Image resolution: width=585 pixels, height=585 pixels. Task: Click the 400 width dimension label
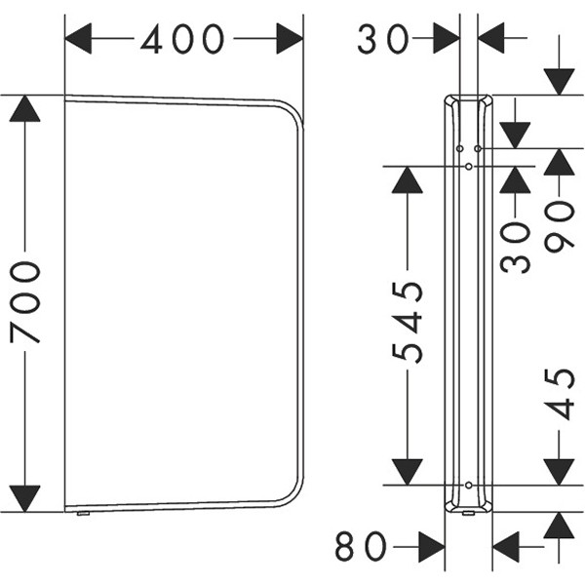point(182,39)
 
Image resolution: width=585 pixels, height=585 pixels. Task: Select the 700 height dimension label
point(25,302)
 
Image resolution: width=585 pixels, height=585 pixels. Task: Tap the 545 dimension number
point(408,322)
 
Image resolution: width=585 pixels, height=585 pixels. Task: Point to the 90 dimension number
point(559,226)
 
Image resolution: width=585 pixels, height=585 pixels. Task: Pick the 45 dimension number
point(559,394)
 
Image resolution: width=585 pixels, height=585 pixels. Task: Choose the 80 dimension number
point(361,547)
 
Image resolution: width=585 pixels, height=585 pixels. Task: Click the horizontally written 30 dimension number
point(383,39)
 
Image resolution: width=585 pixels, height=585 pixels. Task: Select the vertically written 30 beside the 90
point(515,248)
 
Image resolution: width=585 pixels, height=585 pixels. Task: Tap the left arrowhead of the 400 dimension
point(78,38)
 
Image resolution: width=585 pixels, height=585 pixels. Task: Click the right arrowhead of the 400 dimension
point(290,38)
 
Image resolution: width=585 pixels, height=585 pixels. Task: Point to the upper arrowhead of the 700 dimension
point(24,108)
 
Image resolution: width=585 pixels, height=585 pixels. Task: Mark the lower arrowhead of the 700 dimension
point(24,498)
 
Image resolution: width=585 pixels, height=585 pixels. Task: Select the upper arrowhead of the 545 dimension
point(407,179)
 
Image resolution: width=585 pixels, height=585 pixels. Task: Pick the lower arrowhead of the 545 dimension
point(407,472)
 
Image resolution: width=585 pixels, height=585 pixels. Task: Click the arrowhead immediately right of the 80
point(432,547)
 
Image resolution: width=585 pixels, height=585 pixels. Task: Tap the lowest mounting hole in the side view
point(469,485)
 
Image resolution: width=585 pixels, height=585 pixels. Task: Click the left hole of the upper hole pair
point(460,149)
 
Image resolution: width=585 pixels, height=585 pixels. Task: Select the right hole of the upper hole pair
point(478,149)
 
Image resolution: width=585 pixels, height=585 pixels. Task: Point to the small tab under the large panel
point(83,514)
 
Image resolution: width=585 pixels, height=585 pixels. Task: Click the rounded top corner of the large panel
point(294,109)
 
